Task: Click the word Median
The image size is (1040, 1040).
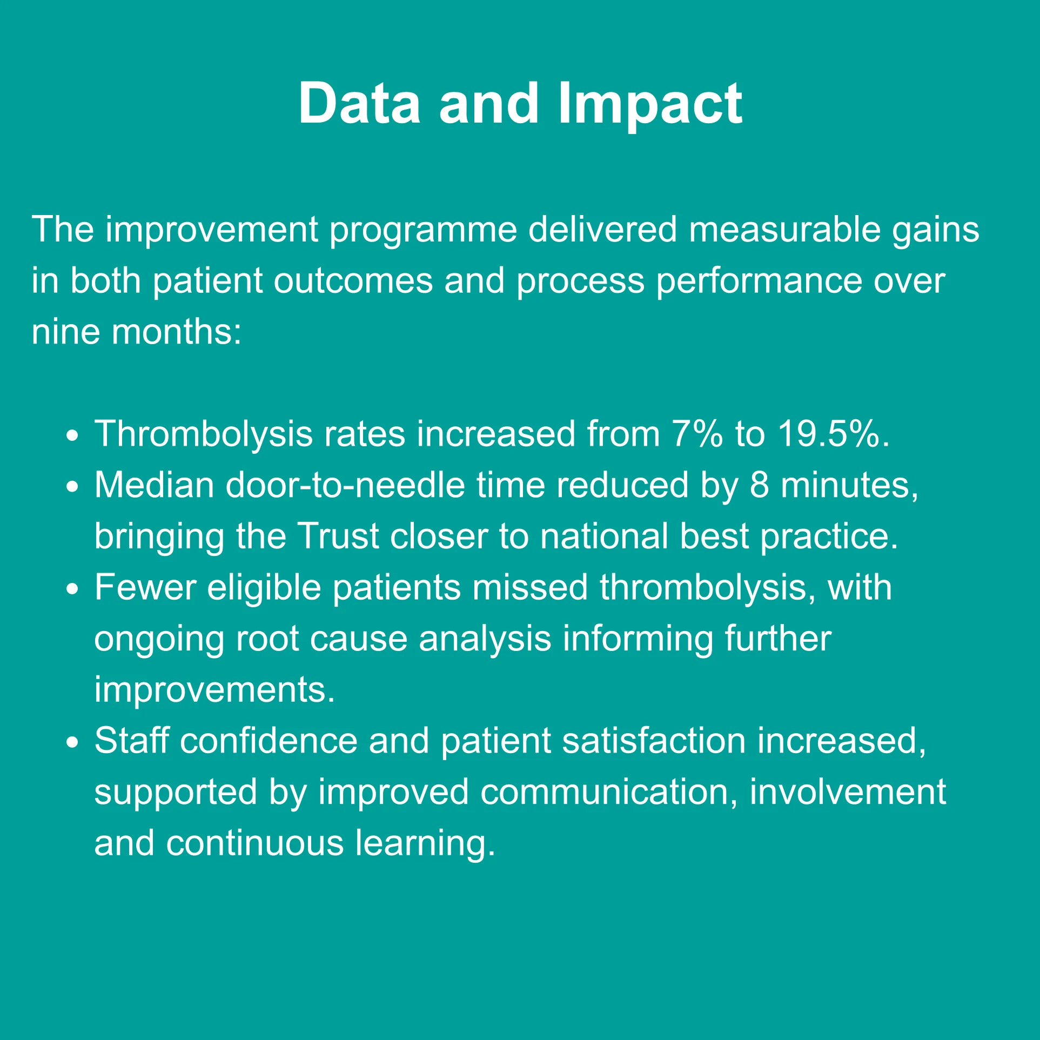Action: (x=155, y=485)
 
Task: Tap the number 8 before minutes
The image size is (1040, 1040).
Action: (x=759, y=485)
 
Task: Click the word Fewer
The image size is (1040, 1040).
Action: (x=145, y=587)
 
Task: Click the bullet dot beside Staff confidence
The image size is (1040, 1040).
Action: (x=72, y=743)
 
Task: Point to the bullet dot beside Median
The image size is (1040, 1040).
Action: (x=72, y=488)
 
